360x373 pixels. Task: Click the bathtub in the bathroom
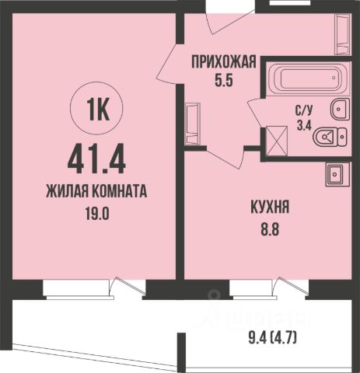point(303,79)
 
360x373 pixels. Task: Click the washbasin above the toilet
point(340,109)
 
